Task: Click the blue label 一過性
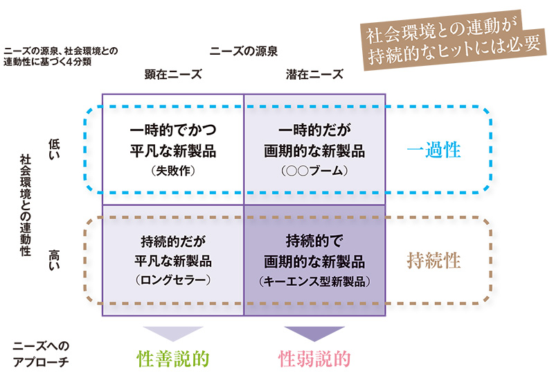[x=434, y=151]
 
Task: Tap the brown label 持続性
[x=434, y=262]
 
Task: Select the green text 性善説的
[x=173, y=358]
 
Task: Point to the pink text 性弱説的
[x=314, y=358]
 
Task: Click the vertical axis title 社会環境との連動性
[x=26, y=205]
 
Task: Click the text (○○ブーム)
[x=314, y=169]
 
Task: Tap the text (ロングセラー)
[x=173, y=280]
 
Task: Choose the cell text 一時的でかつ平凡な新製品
[x=173, y=141]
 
